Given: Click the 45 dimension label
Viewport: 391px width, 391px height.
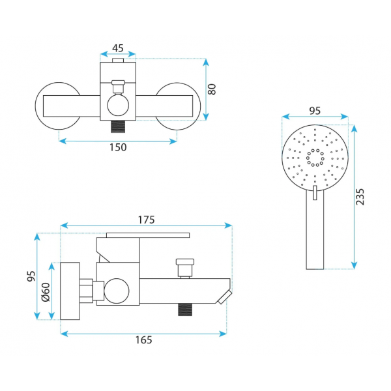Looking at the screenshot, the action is click(x=118, y=48).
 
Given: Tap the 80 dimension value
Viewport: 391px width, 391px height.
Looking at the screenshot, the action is click(x=212, y=89).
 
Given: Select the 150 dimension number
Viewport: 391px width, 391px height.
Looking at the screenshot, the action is click(x=118, y=147).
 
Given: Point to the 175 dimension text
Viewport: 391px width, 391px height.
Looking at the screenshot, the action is click(x=147, y=220).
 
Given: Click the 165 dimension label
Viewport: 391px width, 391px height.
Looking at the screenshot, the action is click(x=143, y=340).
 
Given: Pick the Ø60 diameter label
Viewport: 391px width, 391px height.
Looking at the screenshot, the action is click(x=46, y=292).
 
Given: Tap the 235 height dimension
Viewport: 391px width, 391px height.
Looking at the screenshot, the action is click(x=360, y=197).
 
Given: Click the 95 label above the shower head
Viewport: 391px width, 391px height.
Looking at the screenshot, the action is click(x=315, y=111).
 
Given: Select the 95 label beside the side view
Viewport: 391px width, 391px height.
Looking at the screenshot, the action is click(x=31, y=276).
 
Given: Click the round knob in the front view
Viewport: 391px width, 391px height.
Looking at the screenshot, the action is click(x=118, y=105).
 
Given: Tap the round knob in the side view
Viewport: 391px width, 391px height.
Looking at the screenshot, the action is click(x=117, y=291).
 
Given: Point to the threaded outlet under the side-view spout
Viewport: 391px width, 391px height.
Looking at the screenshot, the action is click(x=185, y=310).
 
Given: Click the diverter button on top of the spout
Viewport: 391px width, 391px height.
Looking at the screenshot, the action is click(x=185, y=268).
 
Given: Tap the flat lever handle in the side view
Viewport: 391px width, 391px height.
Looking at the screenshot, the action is click(x=148, y=235).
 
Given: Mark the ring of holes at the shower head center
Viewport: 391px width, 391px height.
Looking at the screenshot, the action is click(x=315, y=158).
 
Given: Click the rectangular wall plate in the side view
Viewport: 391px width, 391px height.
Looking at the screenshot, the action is click(x=70, y=291).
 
